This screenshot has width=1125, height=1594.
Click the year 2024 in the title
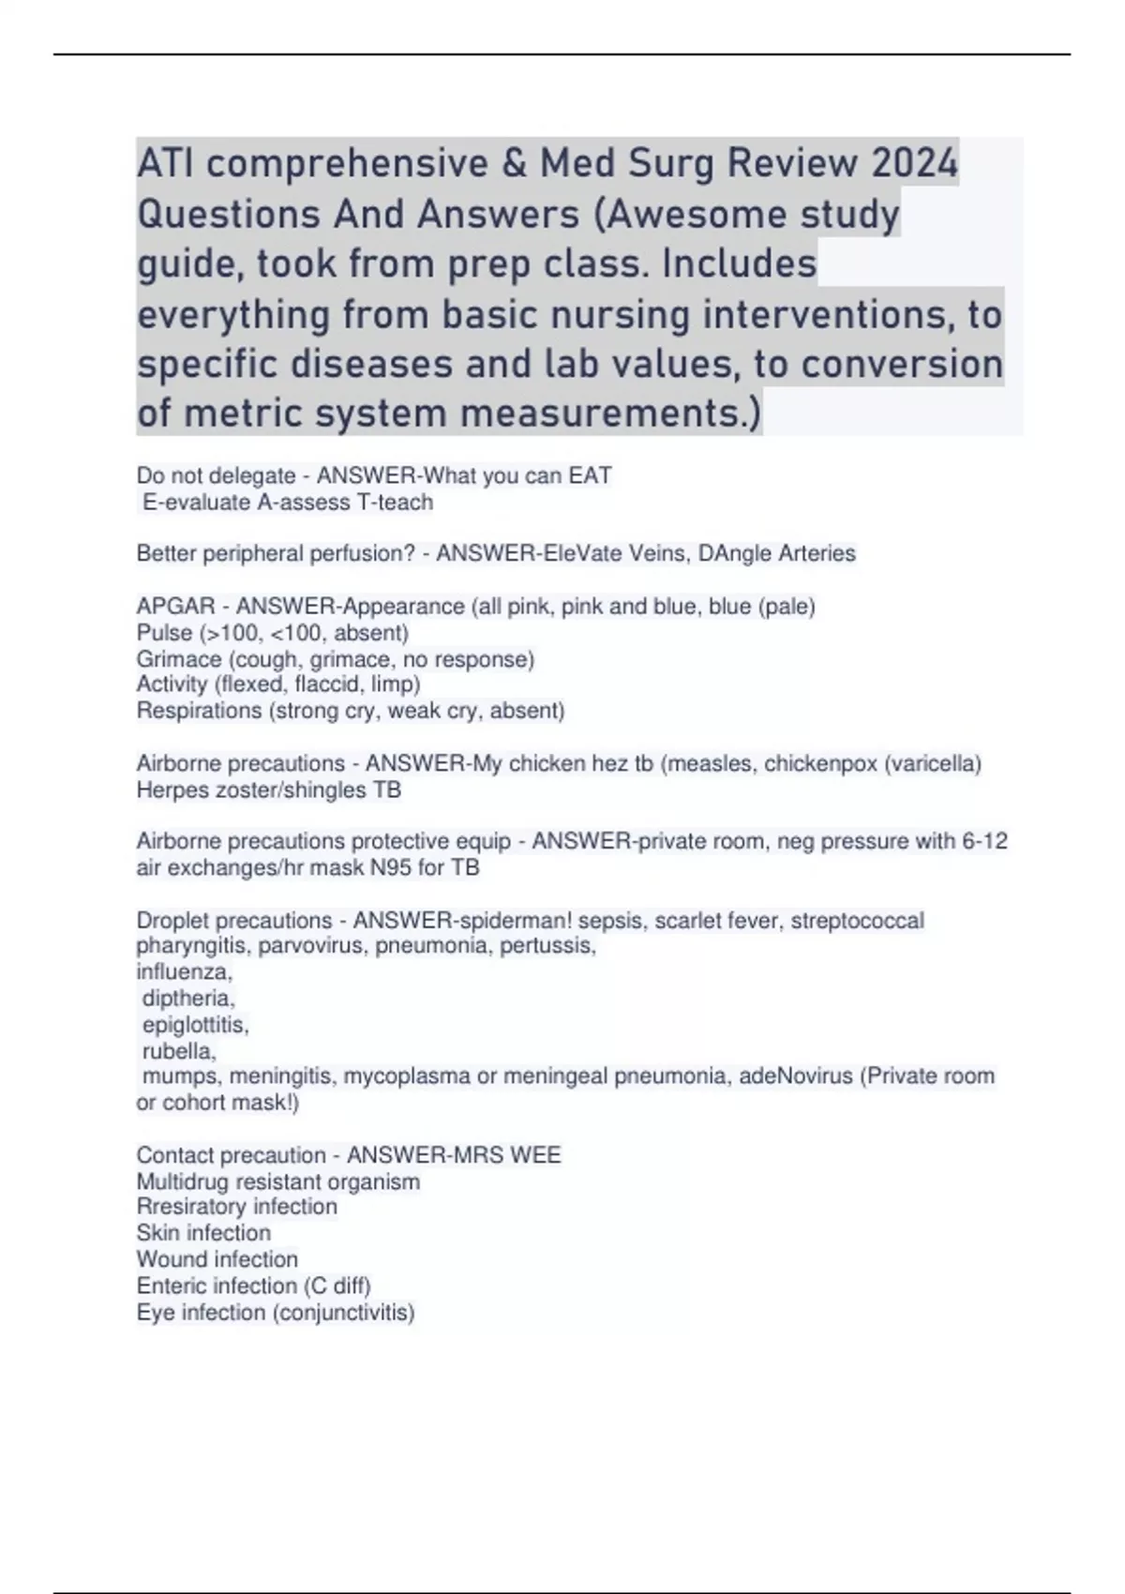click(x=914, y=163)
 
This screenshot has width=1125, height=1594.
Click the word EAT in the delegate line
click(x=591, y=476)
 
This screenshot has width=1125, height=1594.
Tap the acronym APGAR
click(x=175, y=607)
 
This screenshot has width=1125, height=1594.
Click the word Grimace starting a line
click(x=179, y=659)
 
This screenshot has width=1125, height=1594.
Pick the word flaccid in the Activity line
click(x=333, y=684)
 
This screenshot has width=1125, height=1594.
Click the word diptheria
click(x=188, y=999)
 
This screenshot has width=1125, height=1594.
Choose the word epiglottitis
click(x=195, y=1025)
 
